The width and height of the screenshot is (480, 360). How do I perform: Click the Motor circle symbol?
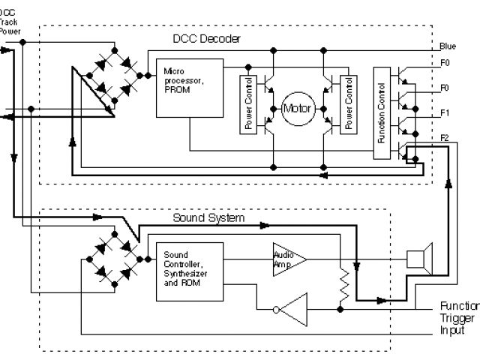(x=295, y=108)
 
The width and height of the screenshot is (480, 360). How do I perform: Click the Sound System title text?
(x=208, y=217)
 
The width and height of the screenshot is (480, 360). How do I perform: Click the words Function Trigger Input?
(x=457, y=317)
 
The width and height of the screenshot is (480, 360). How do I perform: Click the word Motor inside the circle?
(x=295, y=108)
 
